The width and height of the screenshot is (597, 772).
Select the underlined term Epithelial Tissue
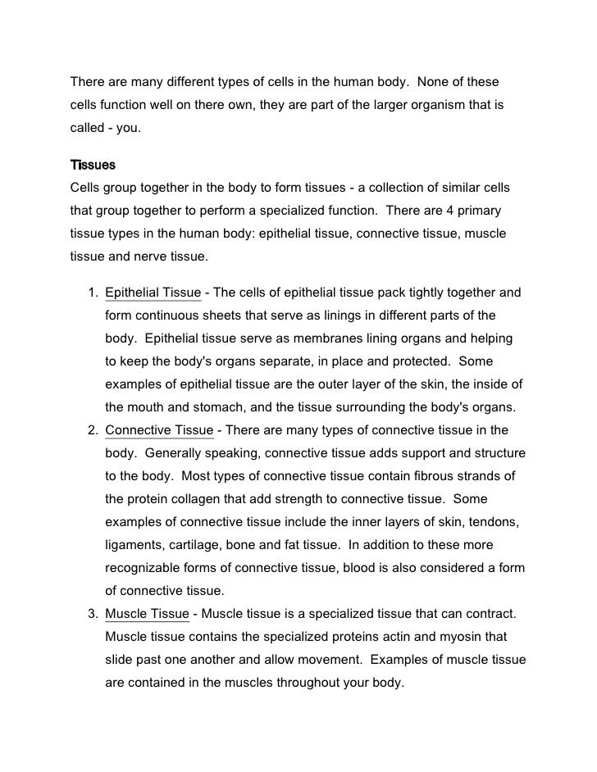tap(153, 293)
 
